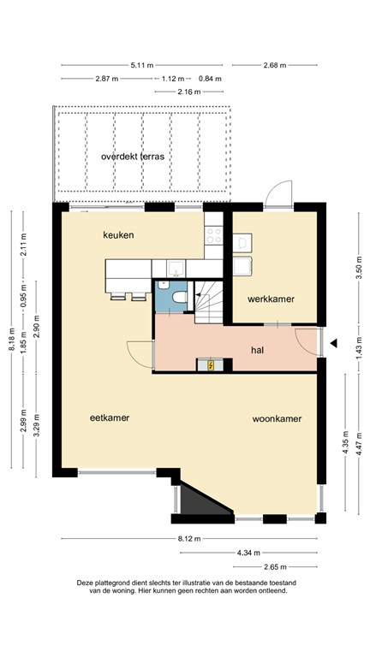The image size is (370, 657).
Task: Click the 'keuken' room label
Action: [x=119, y=234]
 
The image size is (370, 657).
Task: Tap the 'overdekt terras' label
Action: [x=132, y=157]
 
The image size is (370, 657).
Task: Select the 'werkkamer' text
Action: [x=271, y=299]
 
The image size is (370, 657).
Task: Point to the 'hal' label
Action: [x=257, y=350]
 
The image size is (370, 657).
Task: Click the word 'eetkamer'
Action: [x=110, y=418]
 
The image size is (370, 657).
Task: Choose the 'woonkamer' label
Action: [x=277, y=419]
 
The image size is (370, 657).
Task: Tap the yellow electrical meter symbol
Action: [x=211, y=365]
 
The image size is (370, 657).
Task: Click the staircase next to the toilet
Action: [x=208, y=302]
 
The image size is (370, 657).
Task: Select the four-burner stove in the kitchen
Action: [x=214, y=234]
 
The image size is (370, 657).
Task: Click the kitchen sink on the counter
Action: [x=174, y=266]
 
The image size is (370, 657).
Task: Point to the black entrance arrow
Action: [x=336, y=343]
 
